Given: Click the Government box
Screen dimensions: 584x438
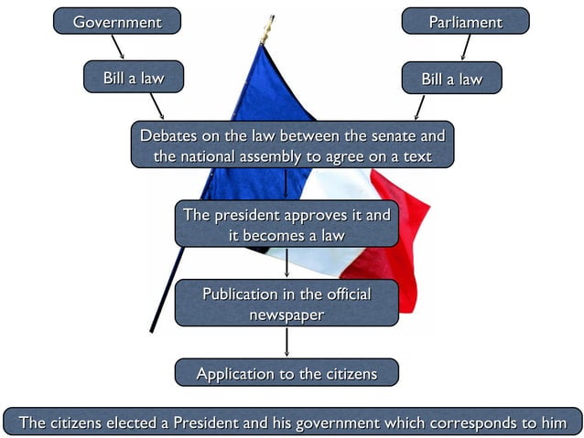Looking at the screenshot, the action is coord(116,21).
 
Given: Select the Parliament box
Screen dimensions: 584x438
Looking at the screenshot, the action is coord(465,21).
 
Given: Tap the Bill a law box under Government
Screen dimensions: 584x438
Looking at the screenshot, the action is coord(133,78).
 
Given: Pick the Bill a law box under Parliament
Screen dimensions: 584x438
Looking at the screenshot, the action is coord(451,79).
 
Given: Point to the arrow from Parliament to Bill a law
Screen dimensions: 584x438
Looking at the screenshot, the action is coord(466,48).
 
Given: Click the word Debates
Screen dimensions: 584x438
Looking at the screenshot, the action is coord(168,135).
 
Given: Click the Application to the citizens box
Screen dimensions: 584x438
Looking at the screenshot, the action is coord(287,373).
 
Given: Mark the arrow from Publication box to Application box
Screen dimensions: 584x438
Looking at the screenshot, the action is coord(287,342).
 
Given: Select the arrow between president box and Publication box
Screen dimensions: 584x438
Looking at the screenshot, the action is coord(287,263).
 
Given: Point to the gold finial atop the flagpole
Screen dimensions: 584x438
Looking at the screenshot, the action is coord(268,30).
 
